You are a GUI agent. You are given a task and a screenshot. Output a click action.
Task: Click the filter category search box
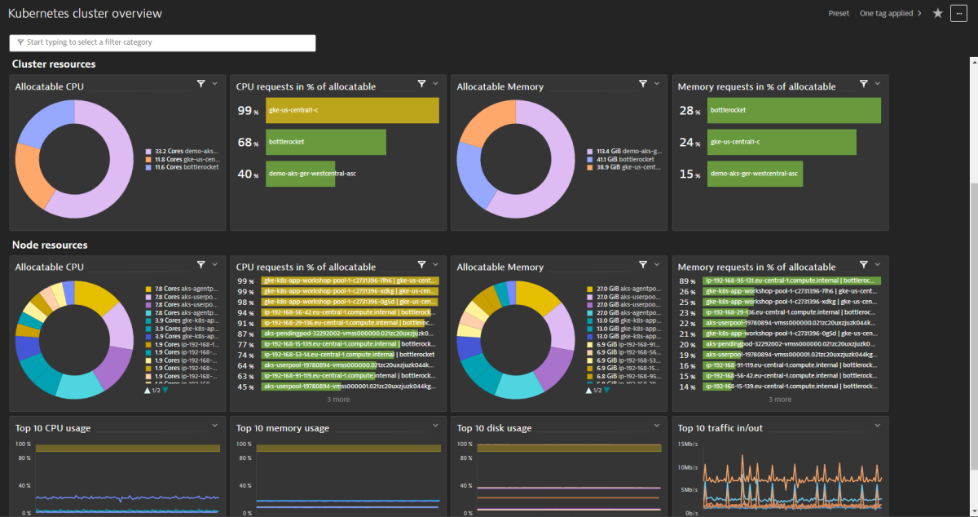162,42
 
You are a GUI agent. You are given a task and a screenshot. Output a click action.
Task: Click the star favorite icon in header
937,13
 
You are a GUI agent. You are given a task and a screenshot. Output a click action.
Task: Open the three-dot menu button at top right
958,13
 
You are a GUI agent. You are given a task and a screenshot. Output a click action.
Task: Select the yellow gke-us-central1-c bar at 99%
352,110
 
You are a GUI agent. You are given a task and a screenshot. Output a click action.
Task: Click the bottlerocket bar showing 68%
325,142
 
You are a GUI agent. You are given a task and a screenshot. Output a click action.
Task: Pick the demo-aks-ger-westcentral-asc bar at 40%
300,174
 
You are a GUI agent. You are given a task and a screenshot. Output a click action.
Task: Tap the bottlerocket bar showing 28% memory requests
794,110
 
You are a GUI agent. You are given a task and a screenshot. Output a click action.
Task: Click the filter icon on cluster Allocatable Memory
642,83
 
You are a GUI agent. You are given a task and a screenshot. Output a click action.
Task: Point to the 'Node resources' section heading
50,245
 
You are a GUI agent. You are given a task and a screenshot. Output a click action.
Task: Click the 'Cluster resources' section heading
54,64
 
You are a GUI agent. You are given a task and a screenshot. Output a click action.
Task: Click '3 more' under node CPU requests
338,400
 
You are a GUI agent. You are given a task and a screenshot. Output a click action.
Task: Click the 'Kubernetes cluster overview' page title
85,14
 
